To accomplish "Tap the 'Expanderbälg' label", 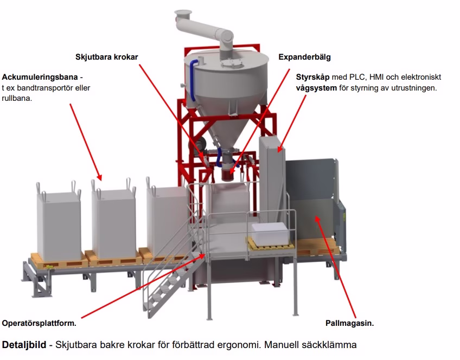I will pyautogui.click(x=304, y=56).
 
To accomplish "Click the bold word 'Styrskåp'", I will pyautogui.click(x=313, y=76).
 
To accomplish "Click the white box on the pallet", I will pyautogui.click(x=270, y=232).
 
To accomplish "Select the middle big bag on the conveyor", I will pyautogui.click(x=113, y=222).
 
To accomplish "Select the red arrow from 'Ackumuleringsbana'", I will pyautogui.click(x=85, y=141).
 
